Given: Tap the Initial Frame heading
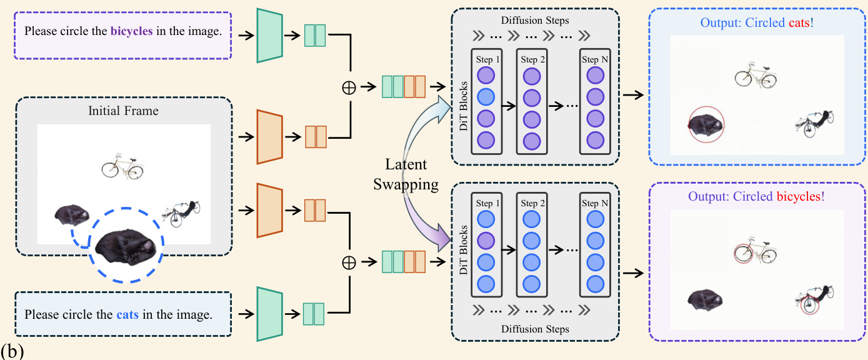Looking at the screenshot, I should click(x=124, y=111).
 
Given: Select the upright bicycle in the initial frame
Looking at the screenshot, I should click(x=122, y=166).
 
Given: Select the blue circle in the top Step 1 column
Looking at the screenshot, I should click(x=486, y=97).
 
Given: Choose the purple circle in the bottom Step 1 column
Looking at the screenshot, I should click(x=486, y=241).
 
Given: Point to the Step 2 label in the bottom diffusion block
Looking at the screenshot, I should click(x=529, y=204).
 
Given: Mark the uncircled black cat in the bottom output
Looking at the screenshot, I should click(x=706, y=299).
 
